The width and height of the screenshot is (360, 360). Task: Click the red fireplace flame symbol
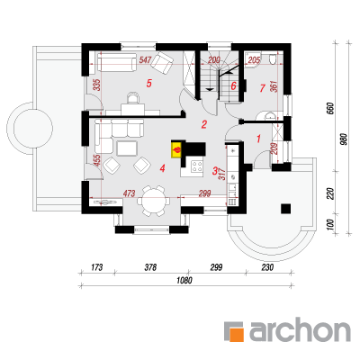(x=177, y=149)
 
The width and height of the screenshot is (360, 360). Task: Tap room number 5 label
(x=148, y=83)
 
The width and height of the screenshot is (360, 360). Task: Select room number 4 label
(x=162, y=168)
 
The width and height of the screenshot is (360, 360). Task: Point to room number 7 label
(x=263, y=88)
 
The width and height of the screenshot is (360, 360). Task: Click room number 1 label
(x=259, y=139)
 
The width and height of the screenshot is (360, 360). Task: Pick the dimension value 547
(x=145, y=60)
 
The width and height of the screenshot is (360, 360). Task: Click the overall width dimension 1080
(x=184, y=281)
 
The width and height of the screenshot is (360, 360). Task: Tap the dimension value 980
(x=344, y=139)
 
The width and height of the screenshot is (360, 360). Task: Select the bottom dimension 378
(x=150, y=267)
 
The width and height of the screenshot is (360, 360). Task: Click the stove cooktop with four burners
(x=197, y=166)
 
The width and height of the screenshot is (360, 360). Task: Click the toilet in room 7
(x=273, y=58)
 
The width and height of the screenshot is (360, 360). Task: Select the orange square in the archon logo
(x=236, y=334)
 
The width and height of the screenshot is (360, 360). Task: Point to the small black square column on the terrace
(x=285, y=209)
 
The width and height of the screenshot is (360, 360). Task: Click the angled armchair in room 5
(x=162, y=62)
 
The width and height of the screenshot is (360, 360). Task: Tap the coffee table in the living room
(x=127, y=148)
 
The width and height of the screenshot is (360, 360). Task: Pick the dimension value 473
(x=129, y=193)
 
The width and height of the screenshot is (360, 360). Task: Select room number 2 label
(x=204, y=124)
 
